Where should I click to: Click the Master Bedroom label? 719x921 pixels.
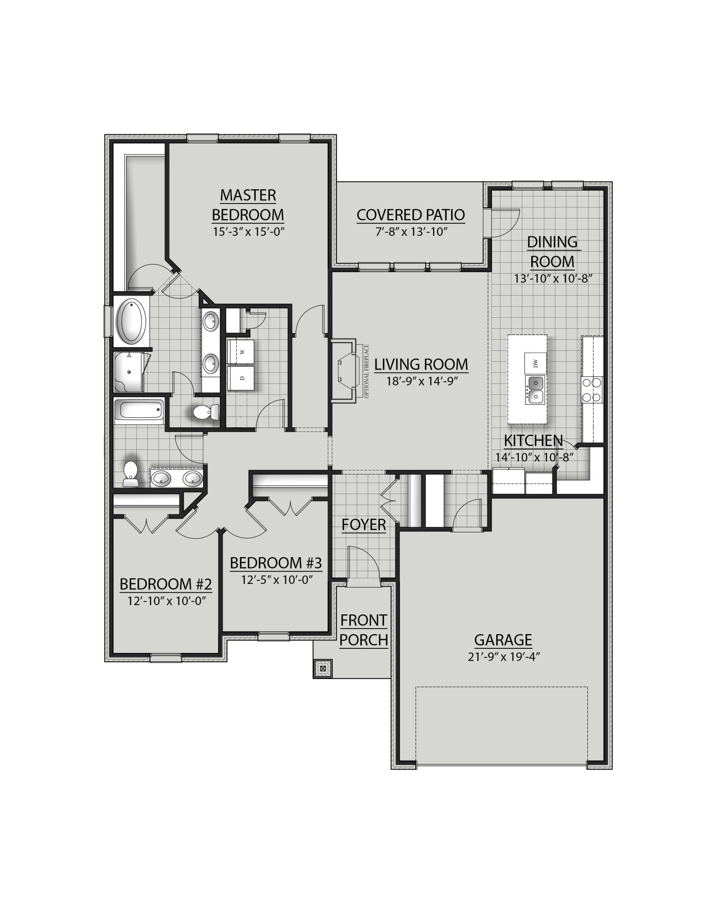pyautogui.click(x=248, y=205)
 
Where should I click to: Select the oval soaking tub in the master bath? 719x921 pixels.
pyautogui.click(x=132, y=321)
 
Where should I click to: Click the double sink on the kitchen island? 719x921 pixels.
pyautogui.click(x=534, y=389)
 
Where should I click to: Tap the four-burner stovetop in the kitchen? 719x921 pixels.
pyautogui.click(x=592, y=389)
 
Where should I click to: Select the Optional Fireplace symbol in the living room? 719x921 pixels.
pyautogui.click(x=346, y=371)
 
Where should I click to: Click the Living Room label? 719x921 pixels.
pyautogui.click(x=421, y=364)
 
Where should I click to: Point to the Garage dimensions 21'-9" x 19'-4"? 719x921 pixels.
pyautogui.click(x=503, y=656)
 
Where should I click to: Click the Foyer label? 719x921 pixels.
pyautogui.click(x=364, y=525)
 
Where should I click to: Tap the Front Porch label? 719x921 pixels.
pyautogui.click(x=364, y=630)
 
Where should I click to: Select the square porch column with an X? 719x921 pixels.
pyautogui.click(x=323, y=667)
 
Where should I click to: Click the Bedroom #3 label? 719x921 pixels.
pyautogui.click(x=275, y=563)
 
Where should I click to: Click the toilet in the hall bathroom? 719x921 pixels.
pyautogui.click(x=131, y=472)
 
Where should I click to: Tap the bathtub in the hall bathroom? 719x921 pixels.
pyautogui.click(x=139, y=409)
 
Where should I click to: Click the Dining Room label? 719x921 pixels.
pyautogui.click(x=552, y=251)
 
